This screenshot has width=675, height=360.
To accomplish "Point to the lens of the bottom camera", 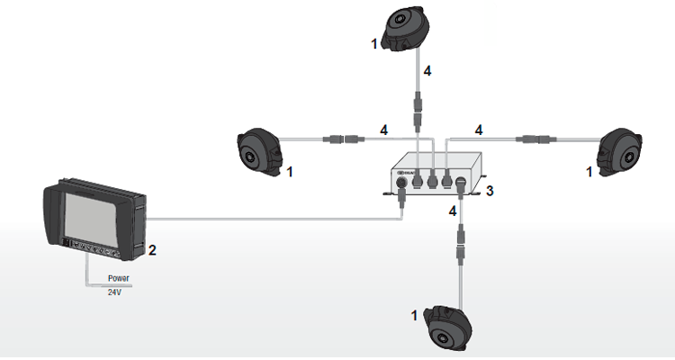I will [442, 337].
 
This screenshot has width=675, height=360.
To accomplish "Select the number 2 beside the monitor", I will [153, 250].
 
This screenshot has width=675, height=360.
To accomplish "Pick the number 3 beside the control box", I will [490, 191].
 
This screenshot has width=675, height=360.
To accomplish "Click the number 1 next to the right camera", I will [589, 169].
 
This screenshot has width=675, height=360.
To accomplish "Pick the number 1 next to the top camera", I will [373, 42].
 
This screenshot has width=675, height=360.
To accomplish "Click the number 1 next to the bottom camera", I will [414, 316].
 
